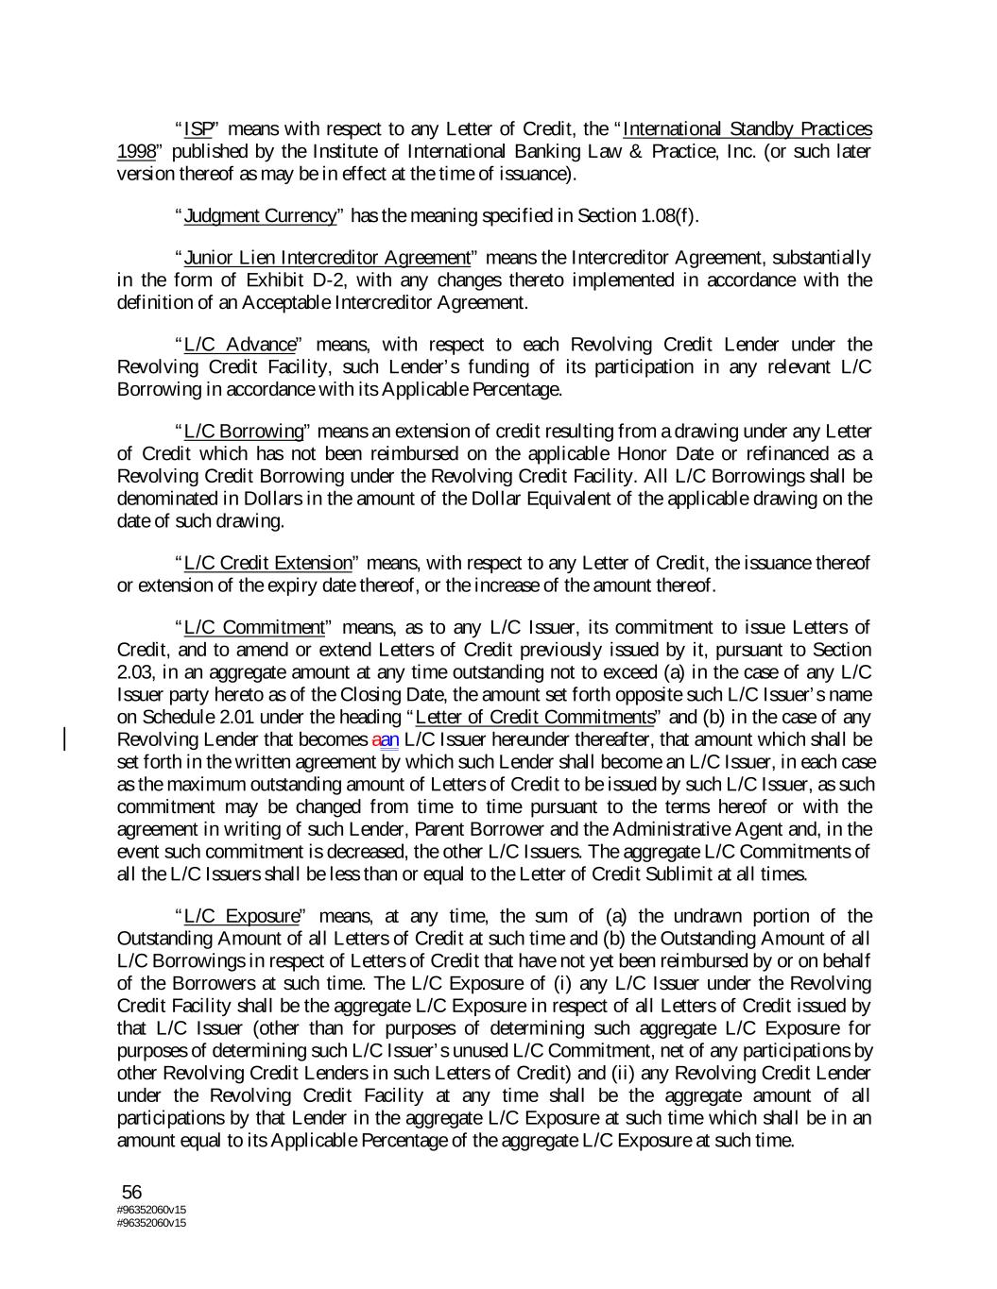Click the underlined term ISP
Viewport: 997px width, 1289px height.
[x=198, y=128]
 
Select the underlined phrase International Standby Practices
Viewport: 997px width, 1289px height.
[x=747, y=128]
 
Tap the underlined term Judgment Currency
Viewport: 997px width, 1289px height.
[x=260, y=215]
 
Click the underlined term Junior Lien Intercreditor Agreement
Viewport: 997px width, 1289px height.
[x=327, y=257]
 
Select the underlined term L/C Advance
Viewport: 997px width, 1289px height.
[x=240, y=344]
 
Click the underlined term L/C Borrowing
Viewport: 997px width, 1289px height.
[x=244, y=431]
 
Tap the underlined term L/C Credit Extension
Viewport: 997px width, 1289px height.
[x=267, y=563]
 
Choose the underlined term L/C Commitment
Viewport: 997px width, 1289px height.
[x=254, y=627]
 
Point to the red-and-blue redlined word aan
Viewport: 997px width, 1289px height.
[x=386, y=738]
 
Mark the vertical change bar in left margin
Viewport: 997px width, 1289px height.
[x=65, y=738]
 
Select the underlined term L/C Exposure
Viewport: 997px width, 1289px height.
[x=242, y=915]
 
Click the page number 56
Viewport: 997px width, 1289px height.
[x=132, y=1192]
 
